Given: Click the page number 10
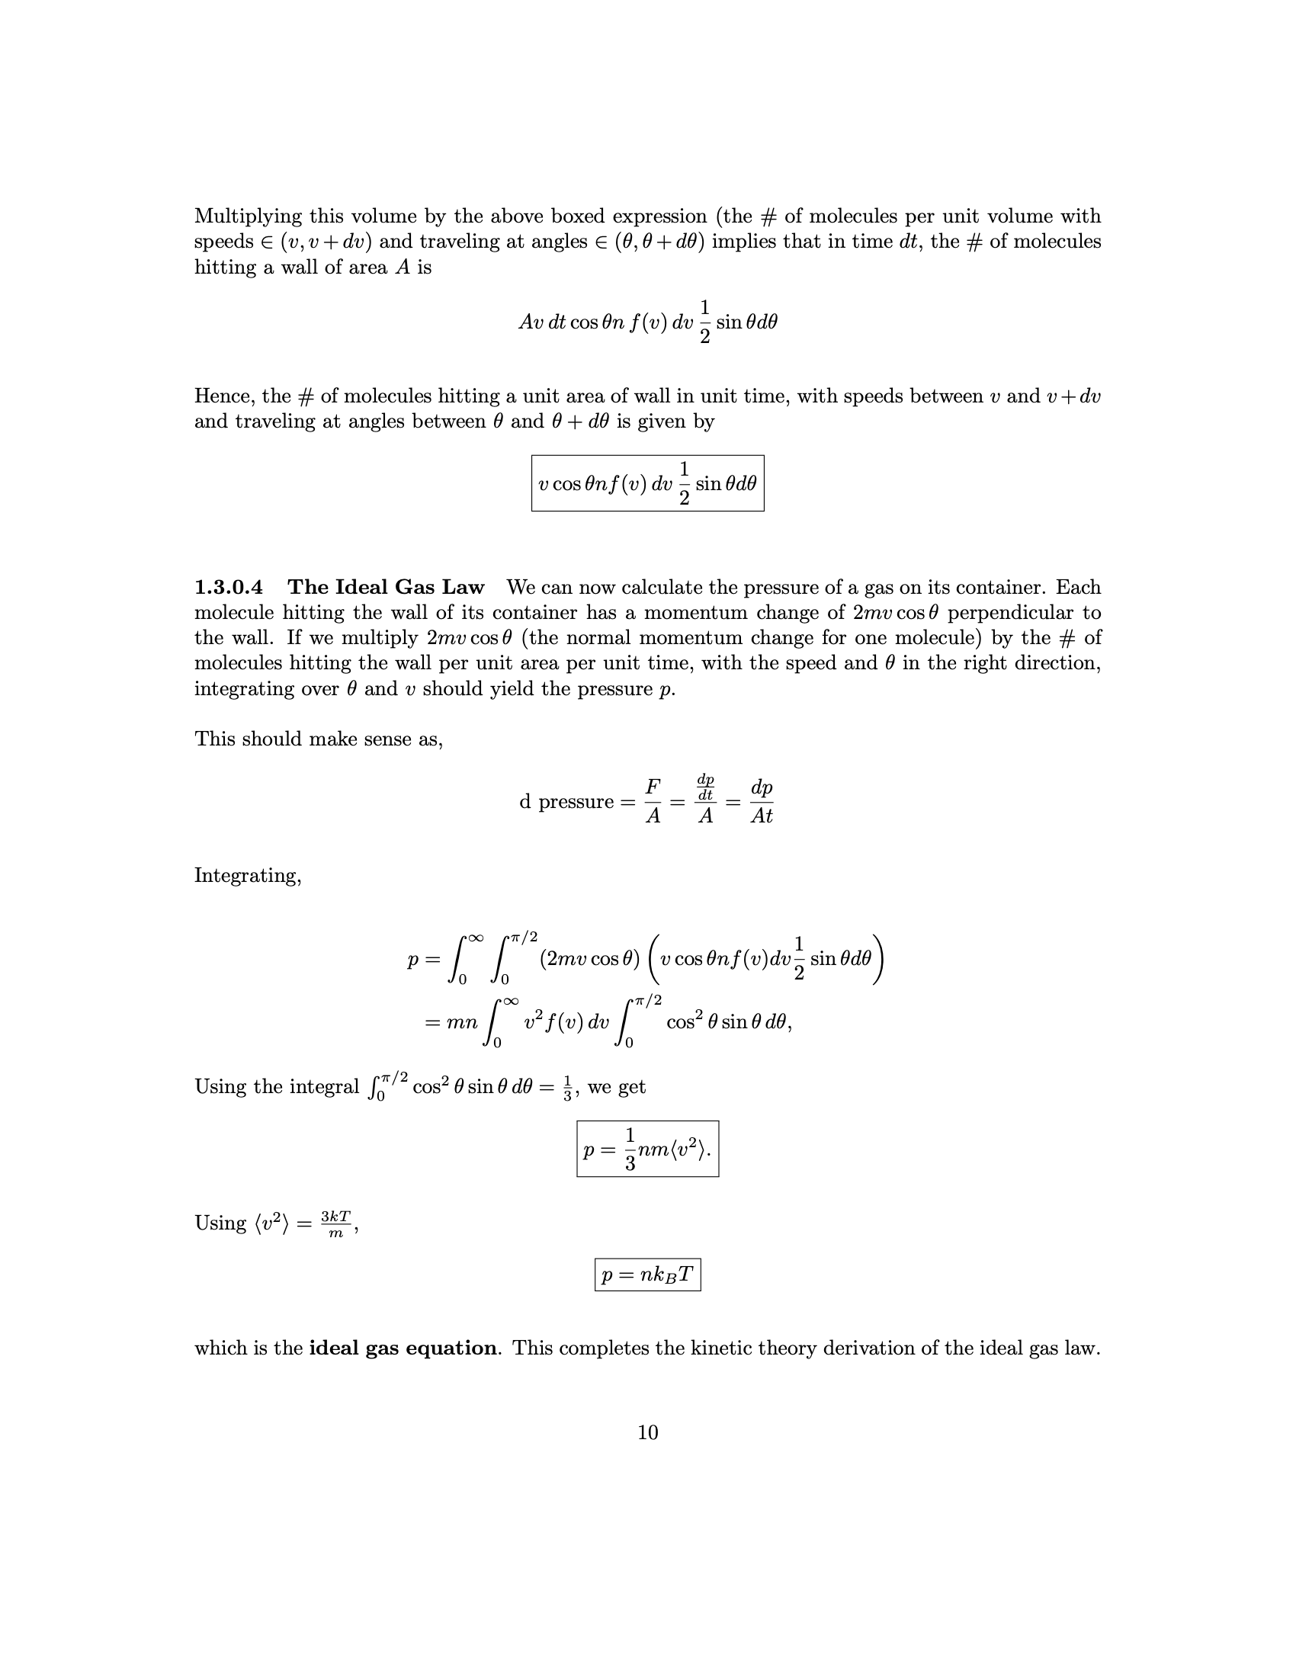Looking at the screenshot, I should [x=647, y=1432].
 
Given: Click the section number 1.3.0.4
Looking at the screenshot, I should [x=228, y=588].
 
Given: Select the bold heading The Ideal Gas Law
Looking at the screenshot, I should [x=386, y=588].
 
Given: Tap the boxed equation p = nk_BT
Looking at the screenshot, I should [x=647, y=1275].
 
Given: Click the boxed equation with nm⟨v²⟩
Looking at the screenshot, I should [x=647, y=1150].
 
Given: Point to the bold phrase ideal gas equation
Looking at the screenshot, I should [x=403, y=1348].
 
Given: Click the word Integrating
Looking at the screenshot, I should [x=247, y=875].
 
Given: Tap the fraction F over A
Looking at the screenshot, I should [x=653, y=802].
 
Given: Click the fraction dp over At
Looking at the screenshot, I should [x=761, y=802].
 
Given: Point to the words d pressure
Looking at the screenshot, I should [x=566, y=802].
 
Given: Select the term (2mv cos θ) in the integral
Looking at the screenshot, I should [x=589, y=959].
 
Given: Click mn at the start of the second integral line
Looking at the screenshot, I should [x=461, y=1023].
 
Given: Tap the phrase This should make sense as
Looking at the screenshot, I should [x=318, y=739].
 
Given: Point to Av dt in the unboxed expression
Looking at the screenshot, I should [x=542, y=322].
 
